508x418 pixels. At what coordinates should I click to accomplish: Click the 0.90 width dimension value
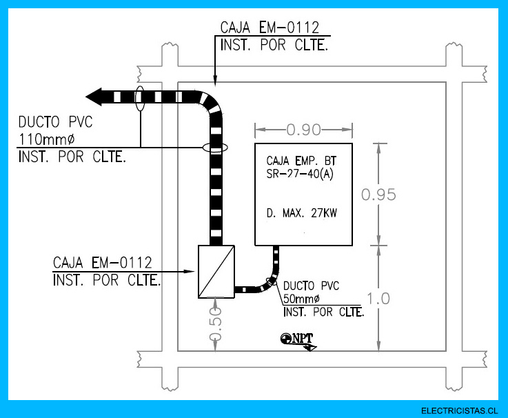[303, 130]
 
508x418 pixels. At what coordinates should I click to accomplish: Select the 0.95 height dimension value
[378, 195]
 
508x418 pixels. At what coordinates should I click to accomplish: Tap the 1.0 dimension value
[378, 299]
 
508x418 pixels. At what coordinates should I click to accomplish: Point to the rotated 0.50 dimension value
[216, 324]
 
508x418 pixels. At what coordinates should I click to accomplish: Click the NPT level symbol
[298, 341]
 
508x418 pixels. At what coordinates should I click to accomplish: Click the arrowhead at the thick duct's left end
[94, 97]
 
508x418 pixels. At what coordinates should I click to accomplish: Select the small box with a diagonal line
[216, 272]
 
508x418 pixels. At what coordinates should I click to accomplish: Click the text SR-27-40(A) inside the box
[300, 174]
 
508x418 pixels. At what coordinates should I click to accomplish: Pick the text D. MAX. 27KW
[302, 213]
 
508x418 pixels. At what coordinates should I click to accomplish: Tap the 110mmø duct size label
[47, 139]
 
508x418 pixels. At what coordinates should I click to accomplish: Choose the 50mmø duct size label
[301, 299]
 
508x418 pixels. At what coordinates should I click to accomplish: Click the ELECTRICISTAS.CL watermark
[459, 411]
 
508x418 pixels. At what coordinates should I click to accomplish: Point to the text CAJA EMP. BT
[301, 161]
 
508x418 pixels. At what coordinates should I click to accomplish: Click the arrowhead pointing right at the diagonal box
[189, 272]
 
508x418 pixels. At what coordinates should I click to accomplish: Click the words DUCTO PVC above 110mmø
[55, 122]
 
